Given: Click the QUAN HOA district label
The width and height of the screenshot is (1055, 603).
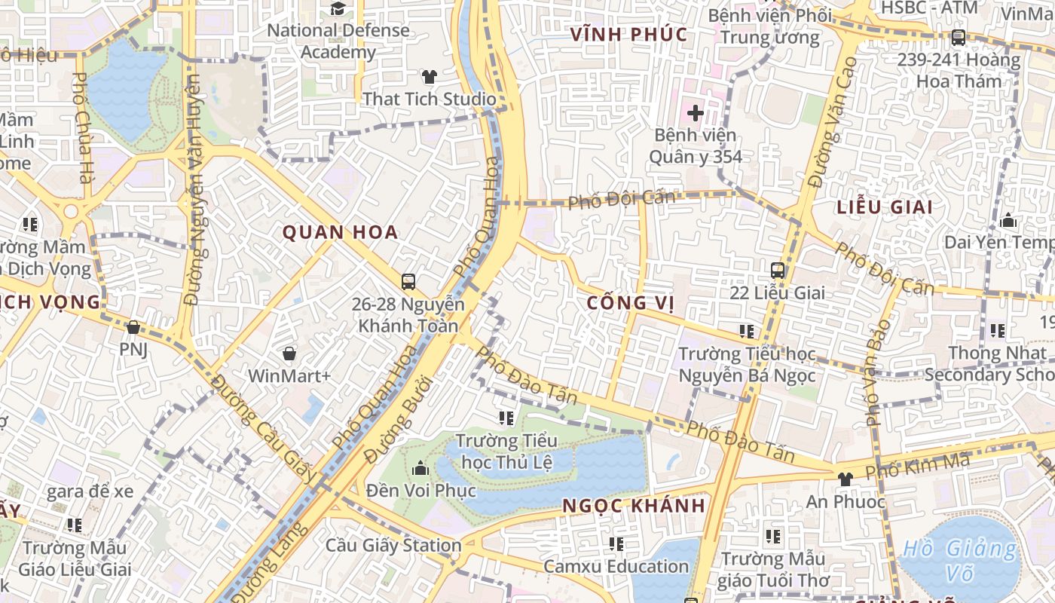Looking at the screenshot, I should coord(340,232).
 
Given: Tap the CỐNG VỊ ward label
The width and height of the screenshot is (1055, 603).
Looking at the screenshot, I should coord(630,303).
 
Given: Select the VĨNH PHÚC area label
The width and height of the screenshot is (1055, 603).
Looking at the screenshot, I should coord(628,34).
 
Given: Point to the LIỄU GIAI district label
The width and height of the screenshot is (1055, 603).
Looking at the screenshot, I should coord(885,207).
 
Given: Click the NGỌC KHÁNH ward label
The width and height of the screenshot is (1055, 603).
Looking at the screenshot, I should coord(634,506).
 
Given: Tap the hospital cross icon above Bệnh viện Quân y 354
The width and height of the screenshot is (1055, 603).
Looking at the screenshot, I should coord(694,114).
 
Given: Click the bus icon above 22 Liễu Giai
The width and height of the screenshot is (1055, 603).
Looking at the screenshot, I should coord(777,270).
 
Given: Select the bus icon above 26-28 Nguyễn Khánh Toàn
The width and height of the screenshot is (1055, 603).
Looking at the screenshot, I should coord(408,282).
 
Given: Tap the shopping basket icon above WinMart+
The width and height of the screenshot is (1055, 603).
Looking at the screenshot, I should coord(289,353).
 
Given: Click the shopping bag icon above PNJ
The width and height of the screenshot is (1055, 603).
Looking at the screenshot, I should coord(133,327).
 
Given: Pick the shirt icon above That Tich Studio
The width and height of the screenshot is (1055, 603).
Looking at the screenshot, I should coord(429,77).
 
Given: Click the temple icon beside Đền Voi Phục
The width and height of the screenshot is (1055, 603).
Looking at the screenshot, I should coord(420,469).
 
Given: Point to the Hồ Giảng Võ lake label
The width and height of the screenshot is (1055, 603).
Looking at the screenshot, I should coord(959,560).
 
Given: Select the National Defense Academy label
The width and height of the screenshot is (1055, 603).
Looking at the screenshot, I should coord(338,41).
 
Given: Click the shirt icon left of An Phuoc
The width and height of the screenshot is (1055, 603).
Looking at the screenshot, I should coord(845,479).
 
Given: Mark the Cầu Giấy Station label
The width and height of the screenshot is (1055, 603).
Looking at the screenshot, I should coord(393,545).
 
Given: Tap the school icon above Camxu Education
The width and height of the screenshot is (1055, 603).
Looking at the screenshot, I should coord(616,543).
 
